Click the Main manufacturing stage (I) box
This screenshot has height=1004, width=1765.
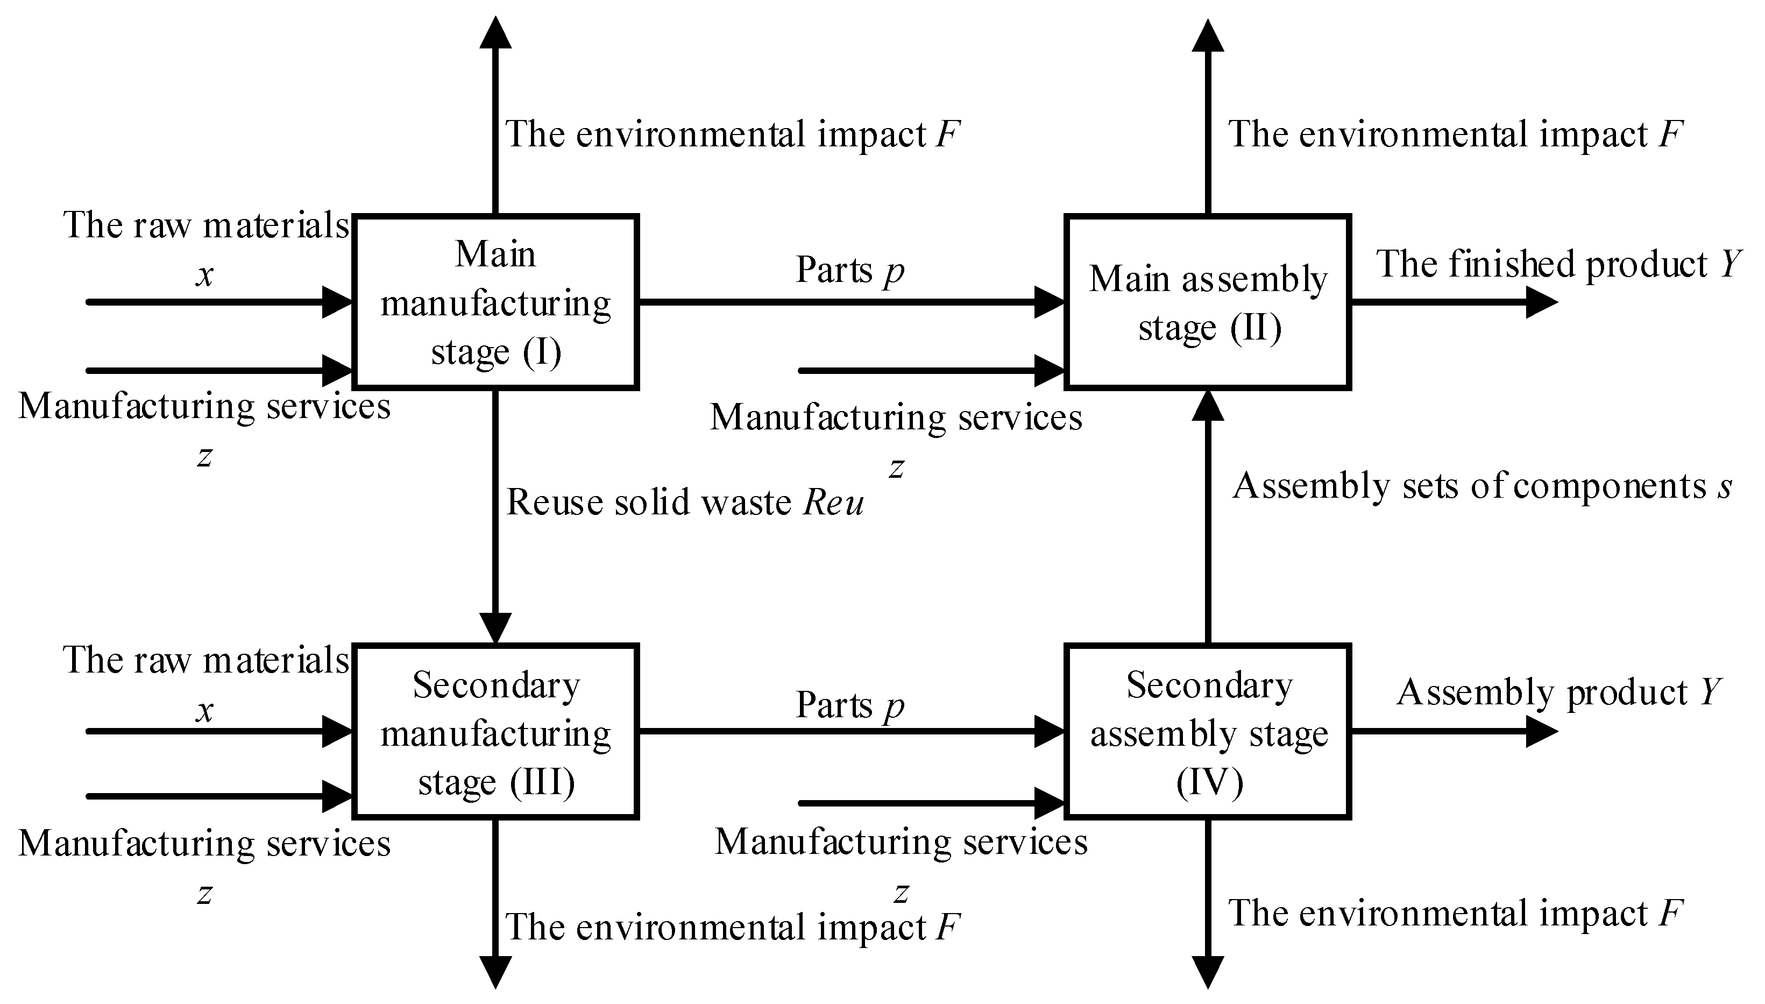tap(495, 302)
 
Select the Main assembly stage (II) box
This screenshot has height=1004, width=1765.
tap(1207, 302)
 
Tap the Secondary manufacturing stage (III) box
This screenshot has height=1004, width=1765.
tap(495, 732)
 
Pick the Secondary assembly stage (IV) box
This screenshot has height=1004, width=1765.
tap(1207, 732)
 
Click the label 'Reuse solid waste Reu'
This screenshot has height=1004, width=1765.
tap(685, 502)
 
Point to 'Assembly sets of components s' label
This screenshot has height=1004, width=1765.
tap(1482, 486)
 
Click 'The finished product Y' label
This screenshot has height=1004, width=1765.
tap(1559, 264)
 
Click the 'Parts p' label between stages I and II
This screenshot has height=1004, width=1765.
tap(849, 270)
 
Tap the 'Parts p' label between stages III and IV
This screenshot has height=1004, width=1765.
tap(849, 705)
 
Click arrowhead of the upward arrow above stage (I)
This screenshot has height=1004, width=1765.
tap(495, 33)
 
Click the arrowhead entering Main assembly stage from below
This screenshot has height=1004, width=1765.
tap(1207, 406)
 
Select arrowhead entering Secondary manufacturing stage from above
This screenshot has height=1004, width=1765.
tap(495, 627)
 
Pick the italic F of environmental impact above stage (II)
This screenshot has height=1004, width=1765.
tap(1670, 134)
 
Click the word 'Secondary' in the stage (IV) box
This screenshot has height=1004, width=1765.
tap(1209, 685)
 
